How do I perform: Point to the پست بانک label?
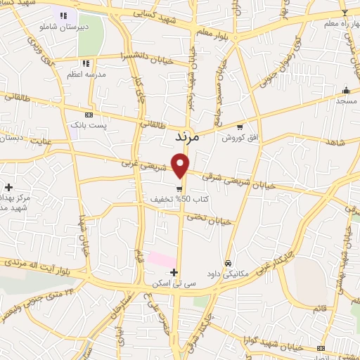(89, 124)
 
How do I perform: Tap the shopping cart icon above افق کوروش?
(240, 127)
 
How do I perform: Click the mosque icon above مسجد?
(346, 90)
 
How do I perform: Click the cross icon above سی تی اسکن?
(174, 271)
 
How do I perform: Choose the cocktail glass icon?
(344, 12)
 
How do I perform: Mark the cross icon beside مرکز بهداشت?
(8, 187)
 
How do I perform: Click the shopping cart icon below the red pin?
(181, 188)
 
